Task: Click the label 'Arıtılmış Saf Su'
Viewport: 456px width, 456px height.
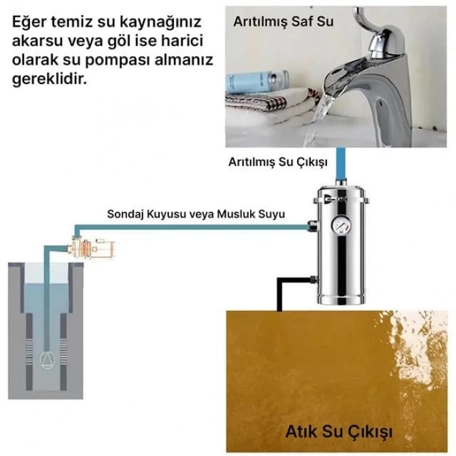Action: tap(283, 21)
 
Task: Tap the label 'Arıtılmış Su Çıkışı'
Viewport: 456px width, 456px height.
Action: tap(278, 162)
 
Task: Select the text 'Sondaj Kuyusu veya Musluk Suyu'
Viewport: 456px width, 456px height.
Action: tap(196, 214)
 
